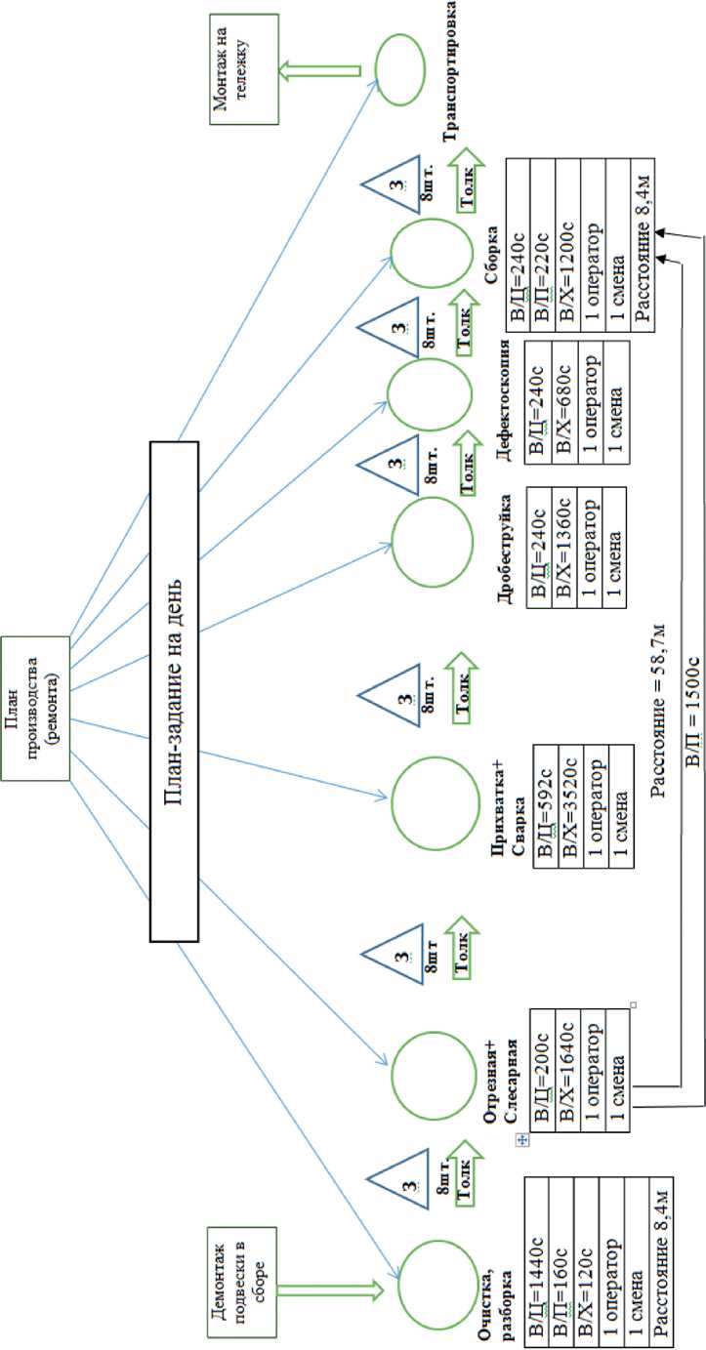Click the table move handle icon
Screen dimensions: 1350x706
(x=520, y=1140)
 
